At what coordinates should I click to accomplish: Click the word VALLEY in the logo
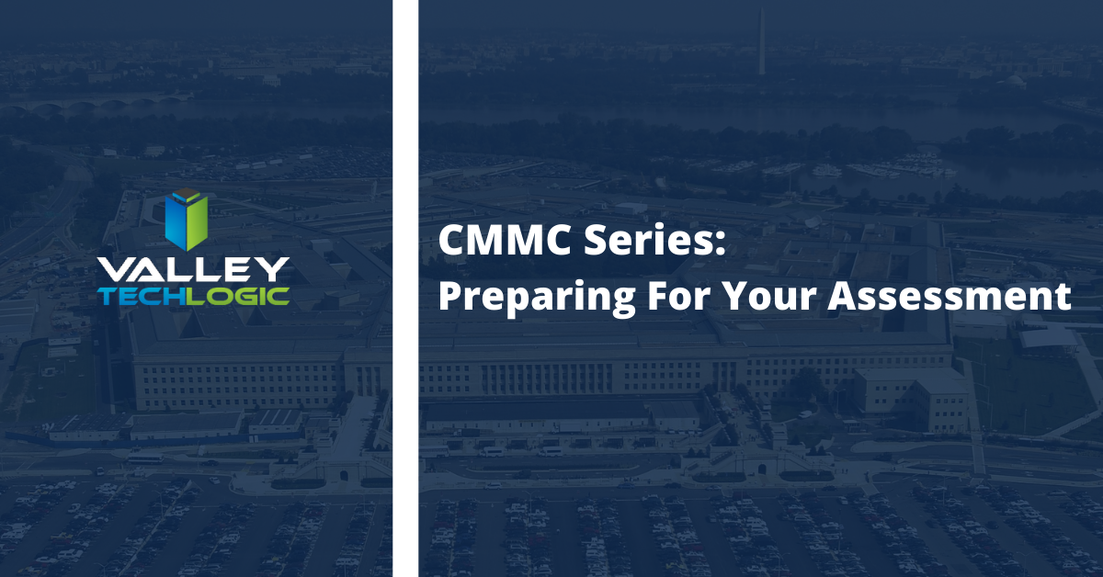point(194,269)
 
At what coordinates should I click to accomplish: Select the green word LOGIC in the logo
point(237,296)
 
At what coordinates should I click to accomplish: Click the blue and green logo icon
point(187,218)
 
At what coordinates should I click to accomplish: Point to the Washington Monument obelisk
point(761,42)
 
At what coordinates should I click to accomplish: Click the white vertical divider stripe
point(405,288)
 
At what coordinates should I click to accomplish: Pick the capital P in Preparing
point(449,298)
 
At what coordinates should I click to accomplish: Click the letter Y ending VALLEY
point(275,269)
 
